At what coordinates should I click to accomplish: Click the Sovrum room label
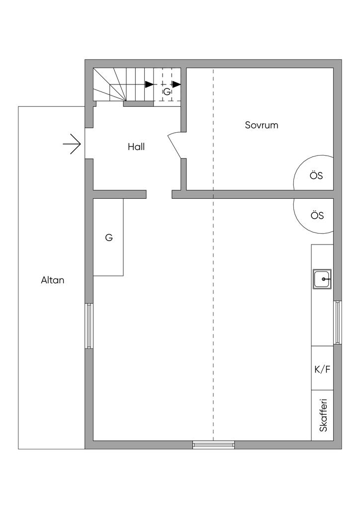(262, 125)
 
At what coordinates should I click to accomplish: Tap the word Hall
(136, 147)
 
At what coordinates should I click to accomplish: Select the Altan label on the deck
(53, 280)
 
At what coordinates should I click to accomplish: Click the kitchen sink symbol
(322, 279)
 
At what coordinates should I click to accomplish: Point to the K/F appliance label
(322, 369)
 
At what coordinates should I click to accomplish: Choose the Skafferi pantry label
(323, 415)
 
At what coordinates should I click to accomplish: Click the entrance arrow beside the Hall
(72, 144)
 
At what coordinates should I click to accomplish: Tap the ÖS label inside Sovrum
(316, 175)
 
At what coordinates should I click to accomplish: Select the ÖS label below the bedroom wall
(317, 216)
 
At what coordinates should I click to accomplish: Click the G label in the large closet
(109, 238)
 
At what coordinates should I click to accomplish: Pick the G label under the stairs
(167, 92)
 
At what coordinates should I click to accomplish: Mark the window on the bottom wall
(213, 445)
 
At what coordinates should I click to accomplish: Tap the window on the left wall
(89, 326)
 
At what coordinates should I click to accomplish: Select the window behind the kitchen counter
(338, 322)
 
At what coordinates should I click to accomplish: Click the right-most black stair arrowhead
(177, 85)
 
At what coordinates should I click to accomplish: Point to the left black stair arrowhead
(149, 85)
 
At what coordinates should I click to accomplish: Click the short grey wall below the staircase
(138, 104)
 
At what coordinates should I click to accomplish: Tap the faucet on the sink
(325, 279)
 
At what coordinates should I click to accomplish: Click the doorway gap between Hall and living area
(159, 194)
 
